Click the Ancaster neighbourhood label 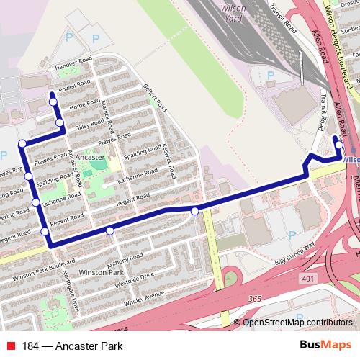(90, 156)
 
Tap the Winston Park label (102, 274)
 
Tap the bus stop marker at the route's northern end (52, 102)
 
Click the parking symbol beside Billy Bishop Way (292, 235)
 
